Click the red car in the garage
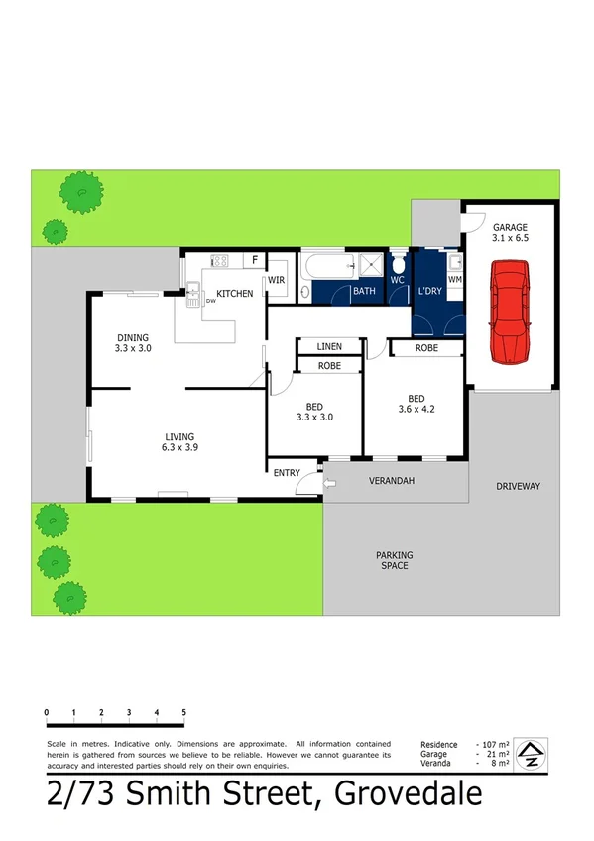pos(512,310)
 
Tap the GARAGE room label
pos(510,227)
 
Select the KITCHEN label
pos(235,294)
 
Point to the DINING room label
pos(132,336)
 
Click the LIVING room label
pos(179,436)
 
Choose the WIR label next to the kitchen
pos(277,281)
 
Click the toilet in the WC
pos(399,265)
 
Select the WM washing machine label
pos(455,281)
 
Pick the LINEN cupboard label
pos(329,346)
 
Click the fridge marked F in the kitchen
pos(255,261)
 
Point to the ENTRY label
pos(287,472)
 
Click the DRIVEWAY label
pos(518,486)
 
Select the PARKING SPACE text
pos(394,560)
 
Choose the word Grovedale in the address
pos(409,796)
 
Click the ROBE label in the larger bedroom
pos(426,348)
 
